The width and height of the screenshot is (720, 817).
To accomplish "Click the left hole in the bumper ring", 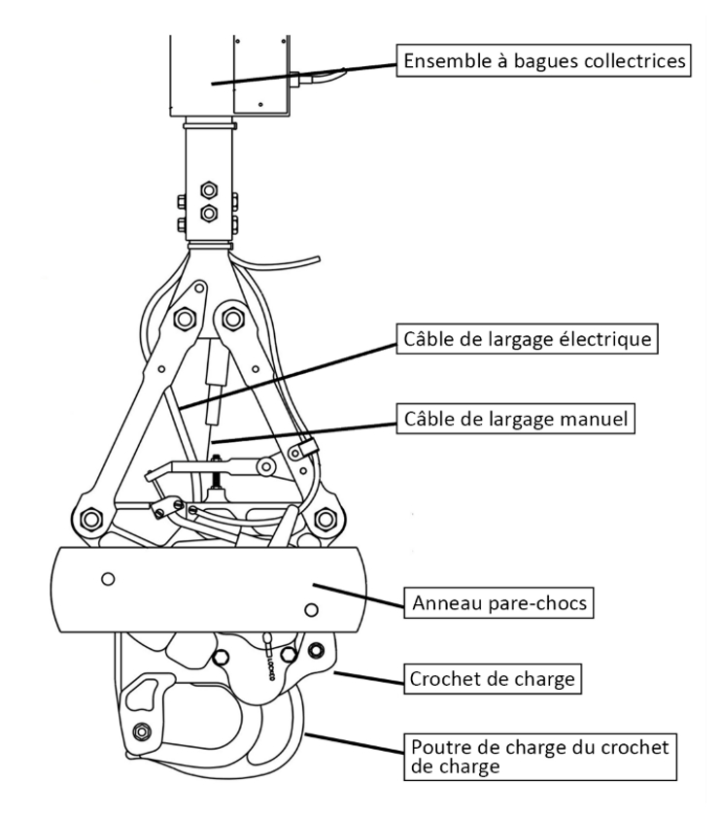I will (x=108, y=579).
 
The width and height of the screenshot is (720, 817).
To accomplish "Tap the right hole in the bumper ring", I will (x=311, y=609).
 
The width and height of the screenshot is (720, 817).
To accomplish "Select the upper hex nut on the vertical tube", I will (x=207, y=187).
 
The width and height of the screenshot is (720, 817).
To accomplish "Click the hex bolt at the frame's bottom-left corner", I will (x=90, y=519).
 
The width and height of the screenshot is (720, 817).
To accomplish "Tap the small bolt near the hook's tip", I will (x=142, y=732).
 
